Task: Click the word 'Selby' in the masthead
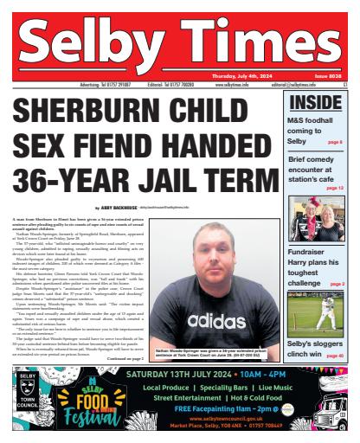[x=91, y=44]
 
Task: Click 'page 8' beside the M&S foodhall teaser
[x=334, y=141]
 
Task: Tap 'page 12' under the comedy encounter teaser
[x=334, y=187]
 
